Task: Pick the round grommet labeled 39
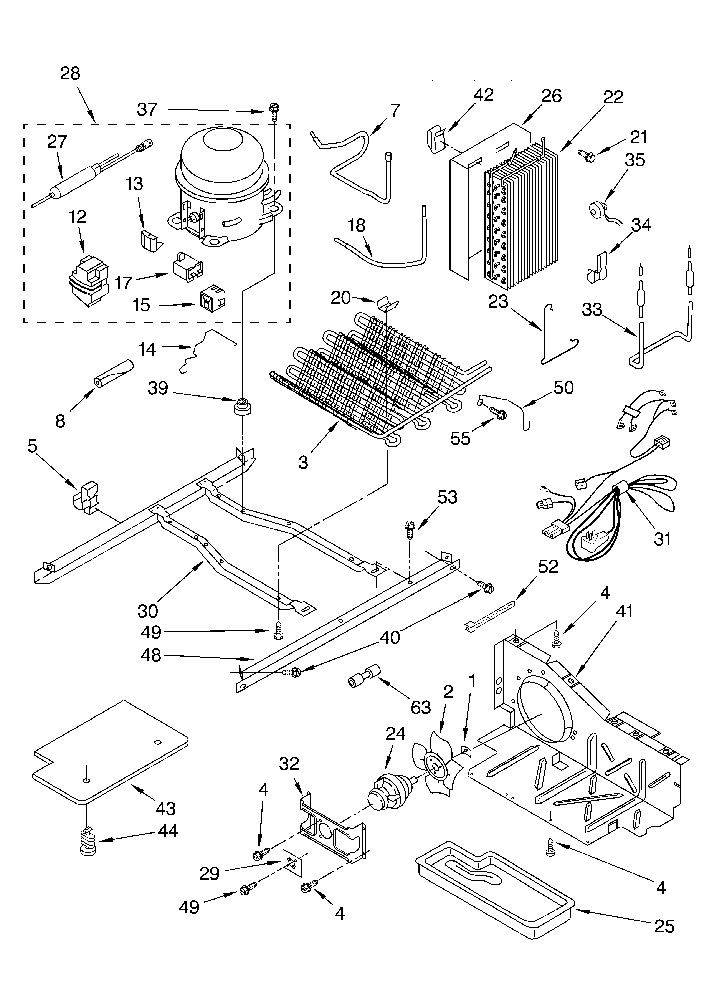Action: tap(242, 406)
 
